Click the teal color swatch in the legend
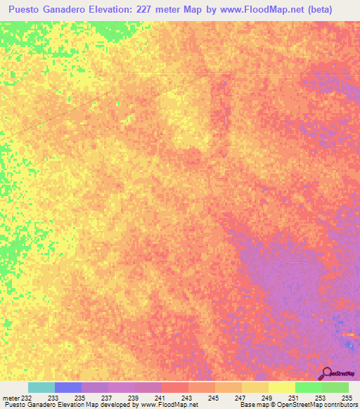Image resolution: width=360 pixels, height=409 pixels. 41,387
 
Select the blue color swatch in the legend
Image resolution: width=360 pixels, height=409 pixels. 68,387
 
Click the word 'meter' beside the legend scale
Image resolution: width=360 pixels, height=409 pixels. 11,398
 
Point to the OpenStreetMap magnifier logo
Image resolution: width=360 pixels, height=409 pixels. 326,373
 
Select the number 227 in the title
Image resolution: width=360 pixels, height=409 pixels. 171,10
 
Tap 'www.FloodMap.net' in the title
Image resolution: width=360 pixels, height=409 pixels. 262,10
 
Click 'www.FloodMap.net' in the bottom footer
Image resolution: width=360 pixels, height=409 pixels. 169,405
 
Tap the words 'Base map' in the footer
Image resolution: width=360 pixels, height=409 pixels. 255,405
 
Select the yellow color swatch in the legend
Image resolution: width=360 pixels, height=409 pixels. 282,387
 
